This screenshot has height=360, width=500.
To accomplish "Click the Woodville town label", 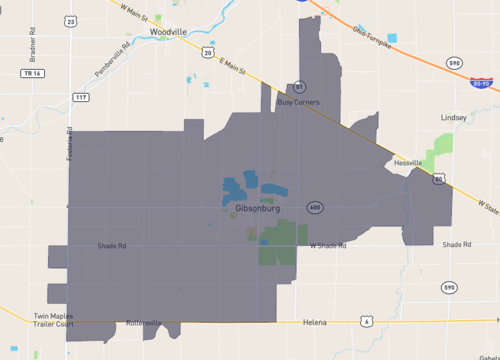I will coord(167,32).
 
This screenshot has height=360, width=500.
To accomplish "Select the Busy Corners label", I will coord(299,102).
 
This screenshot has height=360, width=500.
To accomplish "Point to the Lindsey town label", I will coord(454,117).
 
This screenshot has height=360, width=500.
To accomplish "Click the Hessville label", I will coord(408,163).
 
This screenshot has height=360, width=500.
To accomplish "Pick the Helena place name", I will coord(316,323).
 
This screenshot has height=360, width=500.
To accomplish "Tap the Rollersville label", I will coord(144,323).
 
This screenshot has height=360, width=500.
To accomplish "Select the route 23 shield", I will coord(69,20).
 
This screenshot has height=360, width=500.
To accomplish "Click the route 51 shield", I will coord(299,87).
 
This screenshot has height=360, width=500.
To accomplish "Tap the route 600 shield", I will coord(316,207).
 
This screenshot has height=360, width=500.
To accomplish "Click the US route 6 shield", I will coord(367,321).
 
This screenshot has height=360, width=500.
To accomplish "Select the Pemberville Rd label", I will coord(111,60).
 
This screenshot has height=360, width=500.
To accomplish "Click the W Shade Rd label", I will coord(327,245).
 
